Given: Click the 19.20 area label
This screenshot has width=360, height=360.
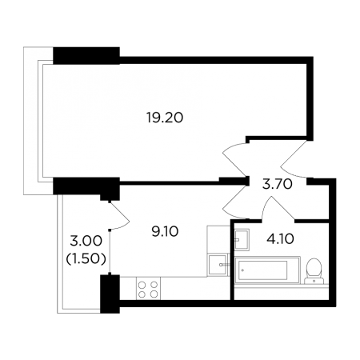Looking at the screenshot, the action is point(165,118).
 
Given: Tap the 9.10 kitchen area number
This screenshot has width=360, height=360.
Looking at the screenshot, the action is point(165,232).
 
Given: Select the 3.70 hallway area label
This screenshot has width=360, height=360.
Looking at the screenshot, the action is point(278,184).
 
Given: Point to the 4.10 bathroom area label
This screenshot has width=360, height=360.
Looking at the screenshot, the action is point(280,239).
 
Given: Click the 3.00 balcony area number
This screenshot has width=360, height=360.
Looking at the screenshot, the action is point(86,241).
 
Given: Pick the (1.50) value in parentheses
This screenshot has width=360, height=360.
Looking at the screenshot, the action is point(86,258).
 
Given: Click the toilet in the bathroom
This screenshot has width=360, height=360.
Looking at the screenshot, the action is point(314,271).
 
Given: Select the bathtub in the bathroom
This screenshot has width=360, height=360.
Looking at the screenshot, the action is point(267,270).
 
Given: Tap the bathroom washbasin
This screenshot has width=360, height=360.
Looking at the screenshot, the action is point(242,240).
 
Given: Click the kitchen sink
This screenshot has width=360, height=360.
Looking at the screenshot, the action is point(218,265).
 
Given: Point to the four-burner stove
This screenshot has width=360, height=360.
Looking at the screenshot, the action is point(148,289).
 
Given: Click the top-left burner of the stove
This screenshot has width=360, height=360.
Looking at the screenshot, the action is point(142,285).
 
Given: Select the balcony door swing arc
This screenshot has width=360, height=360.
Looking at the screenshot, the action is point(119,216).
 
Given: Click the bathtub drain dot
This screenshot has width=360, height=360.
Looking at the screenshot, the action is point(242,270).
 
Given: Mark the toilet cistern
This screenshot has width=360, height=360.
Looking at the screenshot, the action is point(314,281).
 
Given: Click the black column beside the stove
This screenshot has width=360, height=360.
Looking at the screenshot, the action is point(110,294).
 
